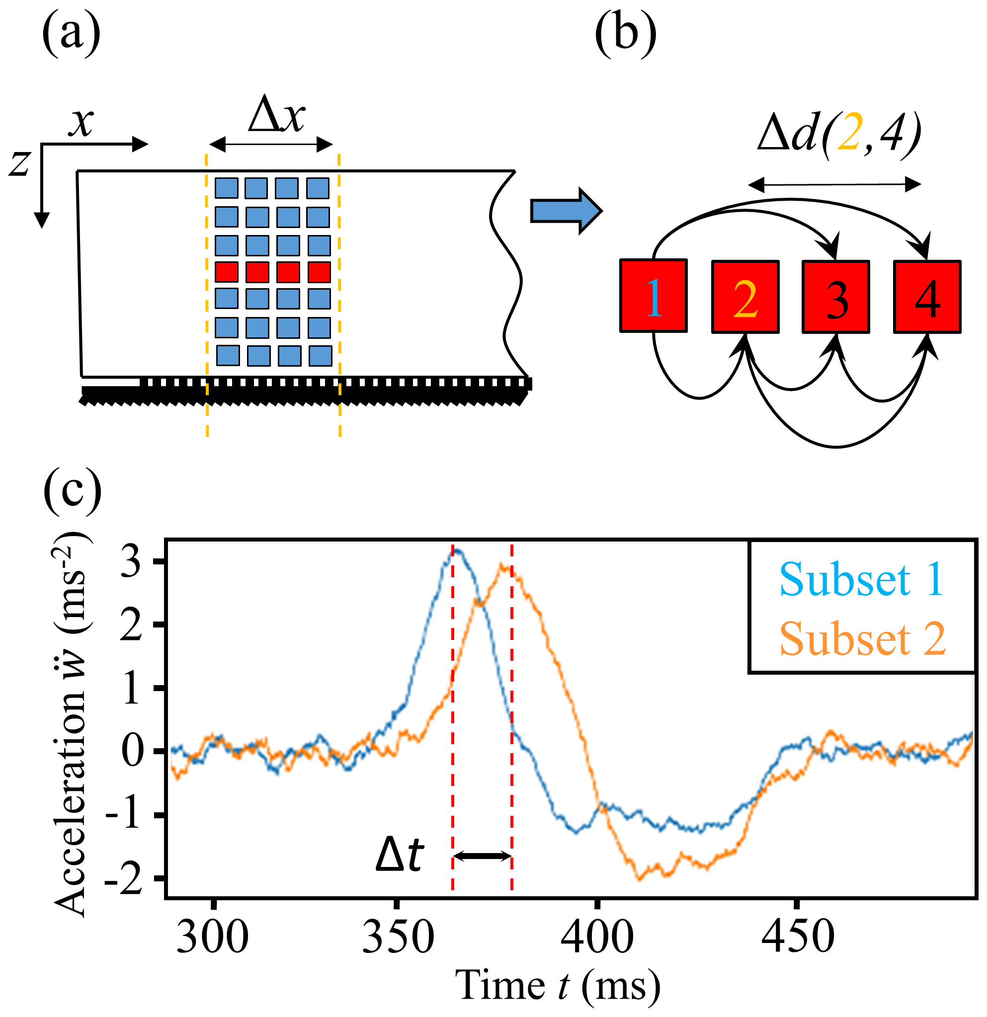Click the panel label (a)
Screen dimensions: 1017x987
tap(71, 35)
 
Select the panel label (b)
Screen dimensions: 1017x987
tap(625, 35)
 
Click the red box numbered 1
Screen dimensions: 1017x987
tap(654, 296)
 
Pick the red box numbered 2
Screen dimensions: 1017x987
tap(745, 297)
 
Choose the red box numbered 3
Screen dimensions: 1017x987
tap(836, 297)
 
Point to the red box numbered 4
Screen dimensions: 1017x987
tap(927, 297)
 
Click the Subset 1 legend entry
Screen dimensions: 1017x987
tap(861, 580)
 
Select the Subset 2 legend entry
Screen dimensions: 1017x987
tap(862, 640)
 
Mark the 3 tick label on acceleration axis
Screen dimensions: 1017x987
tap(131, 562)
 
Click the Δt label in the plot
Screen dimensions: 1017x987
tap(400, 855)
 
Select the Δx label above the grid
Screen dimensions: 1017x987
tap(277, 115)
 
